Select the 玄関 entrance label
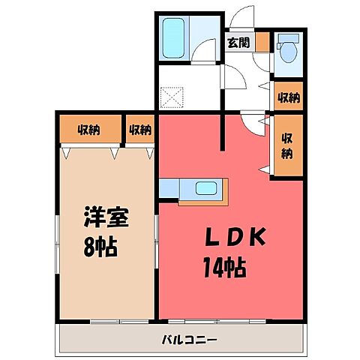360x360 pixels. pyautogui.click(x=240, y=43)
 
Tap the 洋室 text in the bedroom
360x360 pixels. pyautogui.click(x=105, y=219)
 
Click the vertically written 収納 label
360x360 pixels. pyautogui.click(x=287, y=144)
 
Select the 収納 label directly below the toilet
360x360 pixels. pyautogui.click(x=287, y=97)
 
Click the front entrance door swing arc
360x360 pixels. pyautogui.click(x=241, y=15)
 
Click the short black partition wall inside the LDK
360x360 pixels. pyautogui.click(x=223, y=132)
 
